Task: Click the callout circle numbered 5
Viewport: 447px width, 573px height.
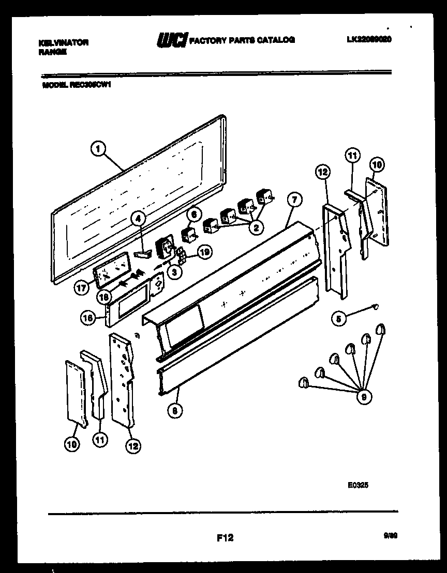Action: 339,319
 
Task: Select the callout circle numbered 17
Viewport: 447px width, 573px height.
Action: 81,288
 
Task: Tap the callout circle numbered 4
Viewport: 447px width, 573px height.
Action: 138,220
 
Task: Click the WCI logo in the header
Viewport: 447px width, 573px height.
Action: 171,40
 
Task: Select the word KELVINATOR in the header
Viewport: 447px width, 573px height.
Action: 64,42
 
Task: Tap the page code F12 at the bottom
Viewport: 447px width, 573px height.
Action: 225,538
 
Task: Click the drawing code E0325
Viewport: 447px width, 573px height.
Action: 358,485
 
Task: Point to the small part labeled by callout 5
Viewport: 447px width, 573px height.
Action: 375,308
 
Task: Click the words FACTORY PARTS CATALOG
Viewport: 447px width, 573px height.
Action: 242,40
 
